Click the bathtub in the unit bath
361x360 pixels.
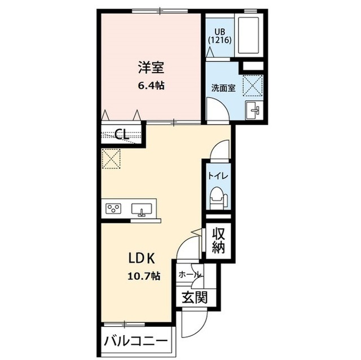click(x=248, y=35)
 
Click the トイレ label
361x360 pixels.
click(x=217, y=175)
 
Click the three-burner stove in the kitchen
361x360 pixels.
click(x=113, y=210)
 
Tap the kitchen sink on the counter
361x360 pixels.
click(x=142, y=210)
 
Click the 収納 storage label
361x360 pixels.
click(x=218, y=240)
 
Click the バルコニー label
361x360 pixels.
click(x=135, y=341)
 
